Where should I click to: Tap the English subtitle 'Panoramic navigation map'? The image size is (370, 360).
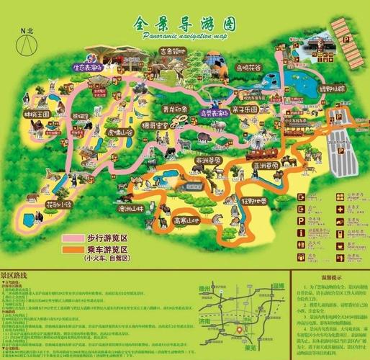tap(184, 35)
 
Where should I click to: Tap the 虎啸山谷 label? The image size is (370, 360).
tap(101, 133)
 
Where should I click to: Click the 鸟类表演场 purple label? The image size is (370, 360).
tap(214, 112)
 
